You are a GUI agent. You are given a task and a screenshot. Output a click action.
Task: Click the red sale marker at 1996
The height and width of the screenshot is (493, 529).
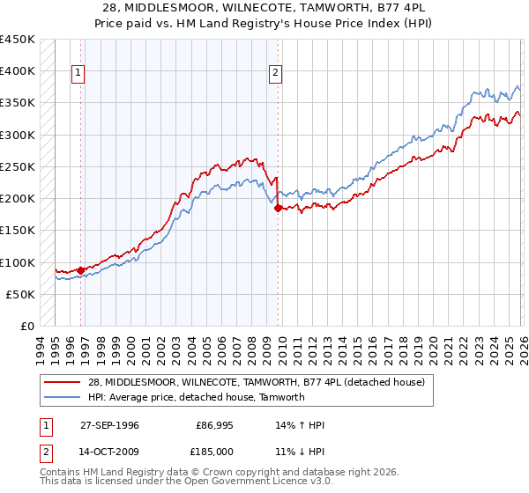81,270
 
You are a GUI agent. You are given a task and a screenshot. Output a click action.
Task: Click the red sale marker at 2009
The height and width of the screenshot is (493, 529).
278,209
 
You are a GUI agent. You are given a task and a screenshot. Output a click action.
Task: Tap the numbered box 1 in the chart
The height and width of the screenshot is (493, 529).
78,73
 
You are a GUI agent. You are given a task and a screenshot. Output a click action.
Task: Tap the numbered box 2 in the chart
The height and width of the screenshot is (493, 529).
276,73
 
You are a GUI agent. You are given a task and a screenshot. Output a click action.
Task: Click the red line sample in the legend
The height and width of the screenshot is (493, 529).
63,382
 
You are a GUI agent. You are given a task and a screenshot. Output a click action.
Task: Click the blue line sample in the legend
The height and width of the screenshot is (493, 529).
63,397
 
